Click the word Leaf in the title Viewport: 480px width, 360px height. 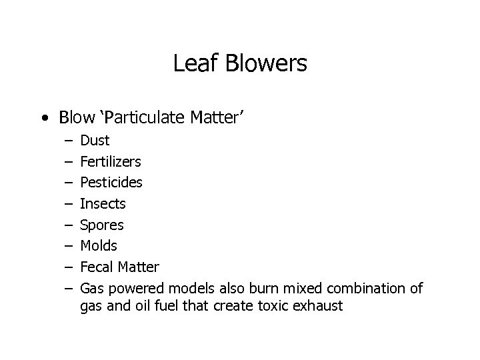click(x=193, y=64)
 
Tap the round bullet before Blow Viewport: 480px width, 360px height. click(x=44, y=119)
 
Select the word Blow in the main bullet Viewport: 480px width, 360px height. click(x=77, y=118)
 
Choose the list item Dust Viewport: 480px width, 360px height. click(x=95, y=141)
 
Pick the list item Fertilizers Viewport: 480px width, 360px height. click(x=110, y=161)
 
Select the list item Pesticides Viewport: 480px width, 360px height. click(x=111, y=182)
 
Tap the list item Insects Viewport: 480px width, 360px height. click(x=103, y=203)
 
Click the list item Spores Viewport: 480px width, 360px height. click(x=101, y=225)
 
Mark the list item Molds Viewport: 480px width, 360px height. click(x=99, y=246)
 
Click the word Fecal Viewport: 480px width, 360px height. click(x=97, y=267)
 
